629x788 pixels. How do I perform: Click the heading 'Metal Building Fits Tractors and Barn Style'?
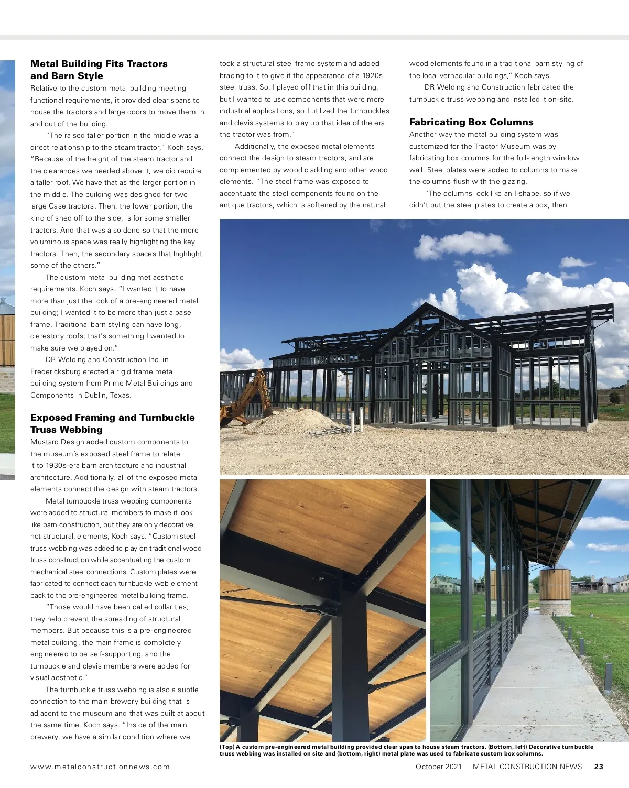pos(99,70)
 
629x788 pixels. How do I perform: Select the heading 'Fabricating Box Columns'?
pos(471,122)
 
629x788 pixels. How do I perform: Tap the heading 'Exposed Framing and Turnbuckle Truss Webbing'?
pos(112,423)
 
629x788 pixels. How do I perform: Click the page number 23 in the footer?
pos(599,767)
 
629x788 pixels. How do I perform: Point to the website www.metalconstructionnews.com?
pos(100,767)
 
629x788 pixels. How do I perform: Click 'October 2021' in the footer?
pos(439,767)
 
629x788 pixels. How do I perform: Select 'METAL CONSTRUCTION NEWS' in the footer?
pos(527,767)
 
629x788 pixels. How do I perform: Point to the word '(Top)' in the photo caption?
pos(227,747)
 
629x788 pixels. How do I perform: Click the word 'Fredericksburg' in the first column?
pos(55,371)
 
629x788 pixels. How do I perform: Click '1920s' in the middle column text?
pos(372,75)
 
